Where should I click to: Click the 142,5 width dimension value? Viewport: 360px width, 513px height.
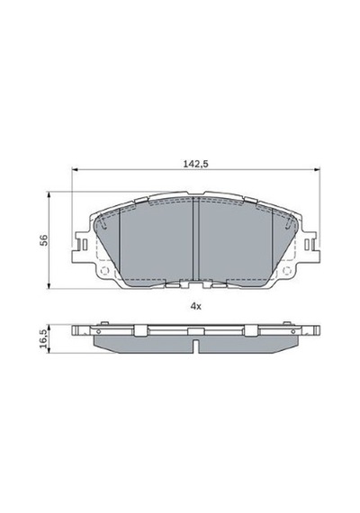tap(195, 164)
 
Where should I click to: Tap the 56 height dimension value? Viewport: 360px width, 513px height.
tap(44, 240)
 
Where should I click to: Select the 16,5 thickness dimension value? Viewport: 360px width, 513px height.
tap(43, 338)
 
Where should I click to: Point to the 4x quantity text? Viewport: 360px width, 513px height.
tap(195, 306)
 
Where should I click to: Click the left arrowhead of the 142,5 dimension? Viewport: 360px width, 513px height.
tap(75, 169)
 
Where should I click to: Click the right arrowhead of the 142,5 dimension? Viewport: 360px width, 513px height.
tap(317, 169)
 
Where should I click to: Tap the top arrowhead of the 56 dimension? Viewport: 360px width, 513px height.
tap(49, 195)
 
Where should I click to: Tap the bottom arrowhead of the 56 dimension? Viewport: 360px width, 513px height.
tap(49, 286)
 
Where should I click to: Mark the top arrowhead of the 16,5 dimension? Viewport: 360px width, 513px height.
tap(49, 328)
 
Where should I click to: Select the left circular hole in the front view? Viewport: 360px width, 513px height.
tap(104, 271)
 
